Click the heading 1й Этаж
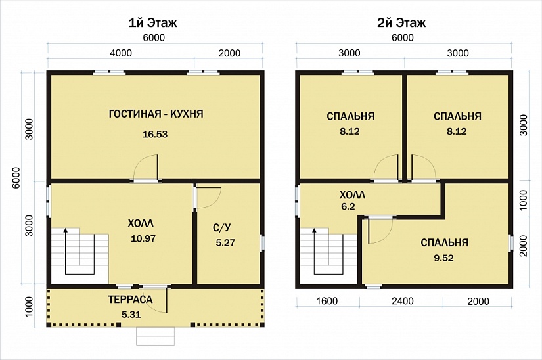(x=153, y=23)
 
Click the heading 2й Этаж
(x=401, y=23)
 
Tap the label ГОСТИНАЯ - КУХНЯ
(x=156, y=114)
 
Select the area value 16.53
(x=155, y=134)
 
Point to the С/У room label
(x=222, y=227)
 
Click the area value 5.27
(x=225, y=242)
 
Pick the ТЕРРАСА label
(x=130, y=299)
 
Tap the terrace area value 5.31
(x=131, y=315)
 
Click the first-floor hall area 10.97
(x=143, y=238)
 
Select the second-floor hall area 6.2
(x=348, y=206)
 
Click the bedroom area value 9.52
(x=443, y=258)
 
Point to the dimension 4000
(x=121, y=53)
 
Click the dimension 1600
(x=327, y=301)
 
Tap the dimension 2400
(x=403, y=301)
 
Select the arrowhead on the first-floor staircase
(x=65, y=230)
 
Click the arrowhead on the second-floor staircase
(x=314, y=230)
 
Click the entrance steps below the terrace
(x=155, y=336)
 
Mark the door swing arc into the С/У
(x=214, y=203)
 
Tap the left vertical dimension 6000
(x=16, y=177)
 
